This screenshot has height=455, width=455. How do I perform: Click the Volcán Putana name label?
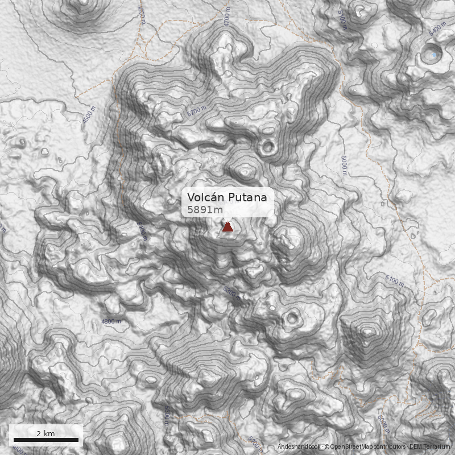point(227,198)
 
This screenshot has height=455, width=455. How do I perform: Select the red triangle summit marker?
point(227,227)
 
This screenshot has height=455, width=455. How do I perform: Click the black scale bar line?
point(45,440)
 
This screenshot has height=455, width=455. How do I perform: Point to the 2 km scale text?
point(45,433)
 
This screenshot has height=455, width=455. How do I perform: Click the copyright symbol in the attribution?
point(327,446)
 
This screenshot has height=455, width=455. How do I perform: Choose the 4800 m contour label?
point(111,322)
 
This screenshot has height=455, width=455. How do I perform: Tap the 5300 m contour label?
point(232,293)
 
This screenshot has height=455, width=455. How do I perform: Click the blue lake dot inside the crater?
point(435,55)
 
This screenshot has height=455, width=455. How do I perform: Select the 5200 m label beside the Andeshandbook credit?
point(257,442)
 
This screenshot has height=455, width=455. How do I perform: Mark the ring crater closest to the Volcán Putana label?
point(267,148)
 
